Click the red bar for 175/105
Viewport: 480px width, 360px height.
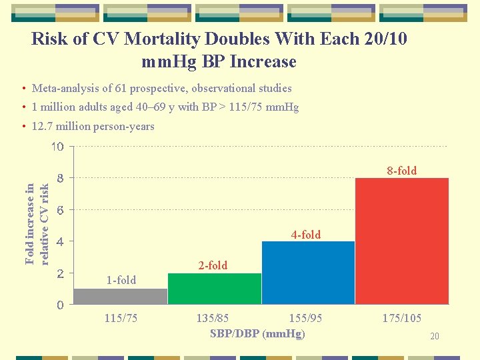click(402, 241)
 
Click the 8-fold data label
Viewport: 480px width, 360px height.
click(402, 171)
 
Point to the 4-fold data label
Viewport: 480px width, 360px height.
click(305, 235)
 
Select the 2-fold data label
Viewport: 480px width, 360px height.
click(213, 265)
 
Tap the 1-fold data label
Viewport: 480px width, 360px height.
click(121, 280)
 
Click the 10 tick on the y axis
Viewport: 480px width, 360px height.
click(58, 147)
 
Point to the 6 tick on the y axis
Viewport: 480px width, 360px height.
click(60, 210)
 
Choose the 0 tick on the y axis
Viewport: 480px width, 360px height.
click(60, 305)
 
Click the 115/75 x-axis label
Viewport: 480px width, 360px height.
click(121, 319)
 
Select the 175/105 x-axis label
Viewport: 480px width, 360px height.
click(401, 319)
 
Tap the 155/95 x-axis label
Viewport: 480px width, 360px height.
click(305, 319)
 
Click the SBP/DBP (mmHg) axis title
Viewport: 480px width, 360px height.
click(257, 333)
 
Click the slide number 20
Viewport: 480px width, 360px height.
click(434, 337)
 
